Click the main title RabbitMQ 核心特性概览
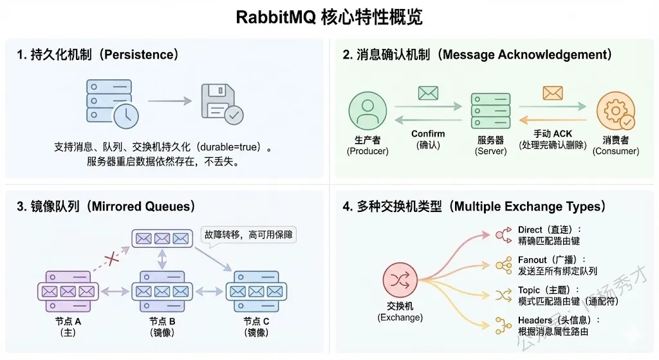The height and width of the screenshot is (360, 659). [x=329, y=17]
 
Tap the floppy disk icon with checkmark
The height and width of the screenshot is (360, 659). [x=222, y=104]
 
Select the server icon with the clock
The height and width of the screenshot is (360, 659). [x=112, y=104]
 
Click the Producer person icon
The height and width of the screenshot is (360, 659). [x=367, y=110]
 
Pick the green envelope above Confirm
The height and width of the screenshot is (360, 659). [x=428, y=93]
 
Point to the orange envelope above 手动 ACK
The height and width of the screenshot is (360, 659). [x=553, y=93]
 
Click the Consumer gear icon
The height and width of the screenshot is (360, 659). [x=616, y=111]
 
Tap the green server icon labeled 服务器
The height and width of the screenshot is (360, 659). [x=490, y=111]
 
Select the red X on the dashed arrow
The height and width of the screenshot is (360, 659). [x=111, y=258]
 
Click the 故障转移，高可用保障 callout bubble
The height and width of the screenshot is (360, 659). [x=248, y=234]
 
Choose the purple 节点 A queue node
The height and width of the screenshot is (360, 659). [x=68, y=291]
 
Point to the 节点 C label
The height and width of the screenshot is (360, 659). [x=256, y=321]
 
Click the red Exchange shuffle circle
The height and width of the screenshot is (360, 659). [x=400, y=279]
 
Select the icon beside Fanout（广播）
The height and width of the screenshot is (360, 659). [x=503, y=265]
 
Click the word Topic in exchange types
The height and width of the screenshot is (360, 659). [x=529, y=290]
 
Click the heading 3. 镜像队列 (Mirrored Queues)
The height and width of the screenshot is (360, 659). [x=106, y=207]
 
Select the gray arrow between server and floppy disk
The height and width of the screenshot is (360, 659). [x=170, y=101]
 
